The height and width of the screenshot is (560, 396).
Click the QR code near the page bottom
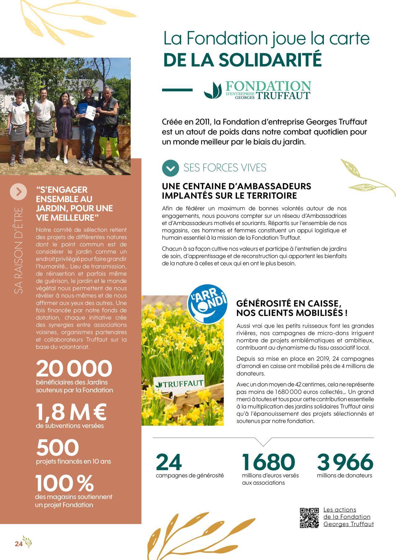coord(309,517)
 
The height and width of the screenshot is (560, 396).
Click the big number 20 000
coord(74,368)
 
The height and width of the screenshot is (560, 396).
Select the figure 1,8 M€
coord(71,411)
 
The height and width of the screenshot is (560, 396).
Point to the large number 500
coord(58,447)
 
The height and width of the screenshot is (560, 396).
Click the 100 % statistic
coord(64,483)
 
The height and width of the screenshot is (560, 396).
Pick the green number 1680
coord(268,462)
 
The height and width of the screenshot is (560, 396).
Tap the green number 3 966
coord(345,462)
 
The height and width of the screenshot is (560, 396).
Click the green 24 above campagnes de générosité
coord(169,462)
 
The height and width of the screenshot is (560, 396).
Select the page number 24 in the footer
coord(19,544)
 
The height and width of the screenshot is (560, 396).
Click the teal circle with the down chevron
coord(170,168)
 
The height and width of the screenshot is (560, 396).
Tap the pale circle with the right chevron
coord(19,192)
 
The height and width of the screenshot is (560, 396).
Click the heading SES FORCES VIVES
coord(225,168)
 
